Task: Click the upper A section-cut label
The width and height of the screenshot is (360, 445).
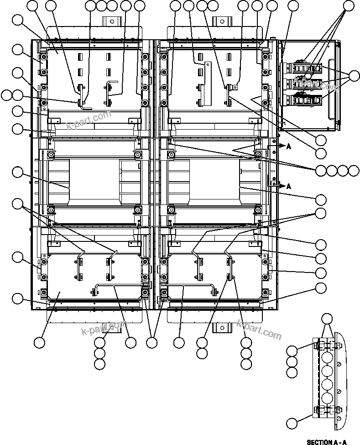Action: tap(288, 146)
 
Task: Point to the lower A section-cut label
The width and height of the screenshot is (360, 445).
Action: tap(288, 186)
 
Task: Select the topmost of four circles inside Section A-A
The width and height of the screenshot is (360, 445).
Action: tap(326, 356)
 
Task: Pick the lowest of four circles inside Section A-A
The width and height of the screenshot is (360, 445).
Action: tap(326, 396)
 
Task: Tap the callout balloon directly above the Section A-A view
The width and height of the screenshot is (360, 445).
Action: tap(327, 319)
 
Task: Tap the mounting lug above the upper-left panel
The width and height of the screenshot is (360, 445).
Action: tap(110, 21)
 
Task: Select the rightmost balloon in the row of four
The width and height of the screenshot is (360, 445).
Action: tap(354, 171)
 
